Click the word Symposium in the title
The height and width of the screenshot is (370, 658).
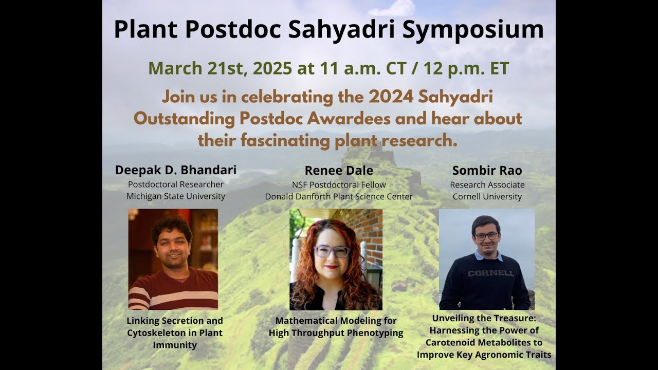tap(473, 30)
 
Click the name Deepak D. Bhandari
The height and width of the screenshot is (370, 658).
tap(176, 170)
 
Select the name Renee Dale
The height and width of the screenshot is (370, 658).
tap(339, 171)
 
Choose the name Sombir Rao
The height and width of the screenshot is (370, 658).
tap(487, 171)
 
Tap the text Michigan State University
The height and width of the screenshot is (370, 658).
tap(176, 196)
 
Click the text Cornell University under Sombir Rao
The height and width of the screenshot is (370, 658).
tap(487, 196)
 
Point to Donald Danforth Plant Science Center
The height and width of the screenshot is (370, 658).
tap(339, 196)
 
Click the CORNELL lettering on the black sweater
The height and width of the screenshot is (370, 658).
tap(491, 273)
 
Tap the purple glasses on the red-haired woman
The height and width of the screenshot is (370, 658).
tap(332, 251)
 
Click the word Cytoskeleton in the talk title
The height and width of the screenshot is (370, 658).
tap(159, 333)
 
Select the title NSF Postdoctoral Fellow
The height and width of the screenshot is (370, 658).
tap(339, 184)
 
